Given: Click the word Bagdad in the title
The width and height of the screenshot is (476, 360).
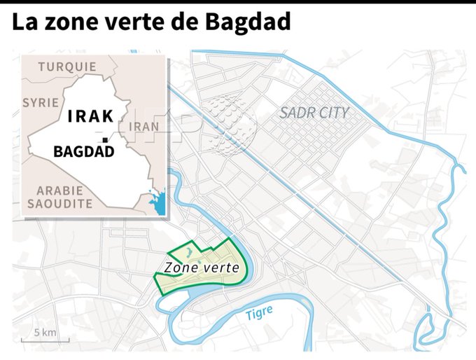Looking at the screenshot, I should [x=248, y=23].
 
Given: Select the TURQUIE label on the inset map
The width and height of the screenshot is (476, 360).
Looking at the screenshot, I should [x=67, y=67].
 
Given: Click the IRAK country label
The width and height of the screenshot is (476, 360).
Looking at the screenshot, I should [x=90, y=116].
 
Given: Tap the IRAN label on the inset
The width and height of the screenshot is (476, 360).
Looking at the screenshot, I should [x=145, y=126].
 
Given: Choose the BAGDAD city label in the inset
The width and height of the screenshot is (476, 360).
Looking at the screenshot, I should [x=83, y=151].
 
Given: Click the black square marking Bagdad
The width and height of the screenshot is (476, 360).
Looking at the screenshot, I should [x=105, y=141].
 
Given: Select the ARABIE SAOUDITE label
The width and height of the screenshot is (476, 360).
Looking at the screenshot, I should [x=59, y=197].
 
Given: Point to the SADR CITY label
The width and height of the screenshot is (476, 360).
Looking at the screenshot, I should [x=314, y=112].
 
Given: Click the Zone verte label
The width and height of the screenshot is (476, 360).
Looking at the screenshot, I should [x=202, y=268].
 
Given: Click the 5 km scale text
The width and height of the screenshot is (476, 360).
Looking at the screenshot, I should [x=45, y=332].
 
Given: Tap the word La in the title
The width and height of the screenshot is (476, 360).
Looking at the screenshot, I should [x=22, y=23].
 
